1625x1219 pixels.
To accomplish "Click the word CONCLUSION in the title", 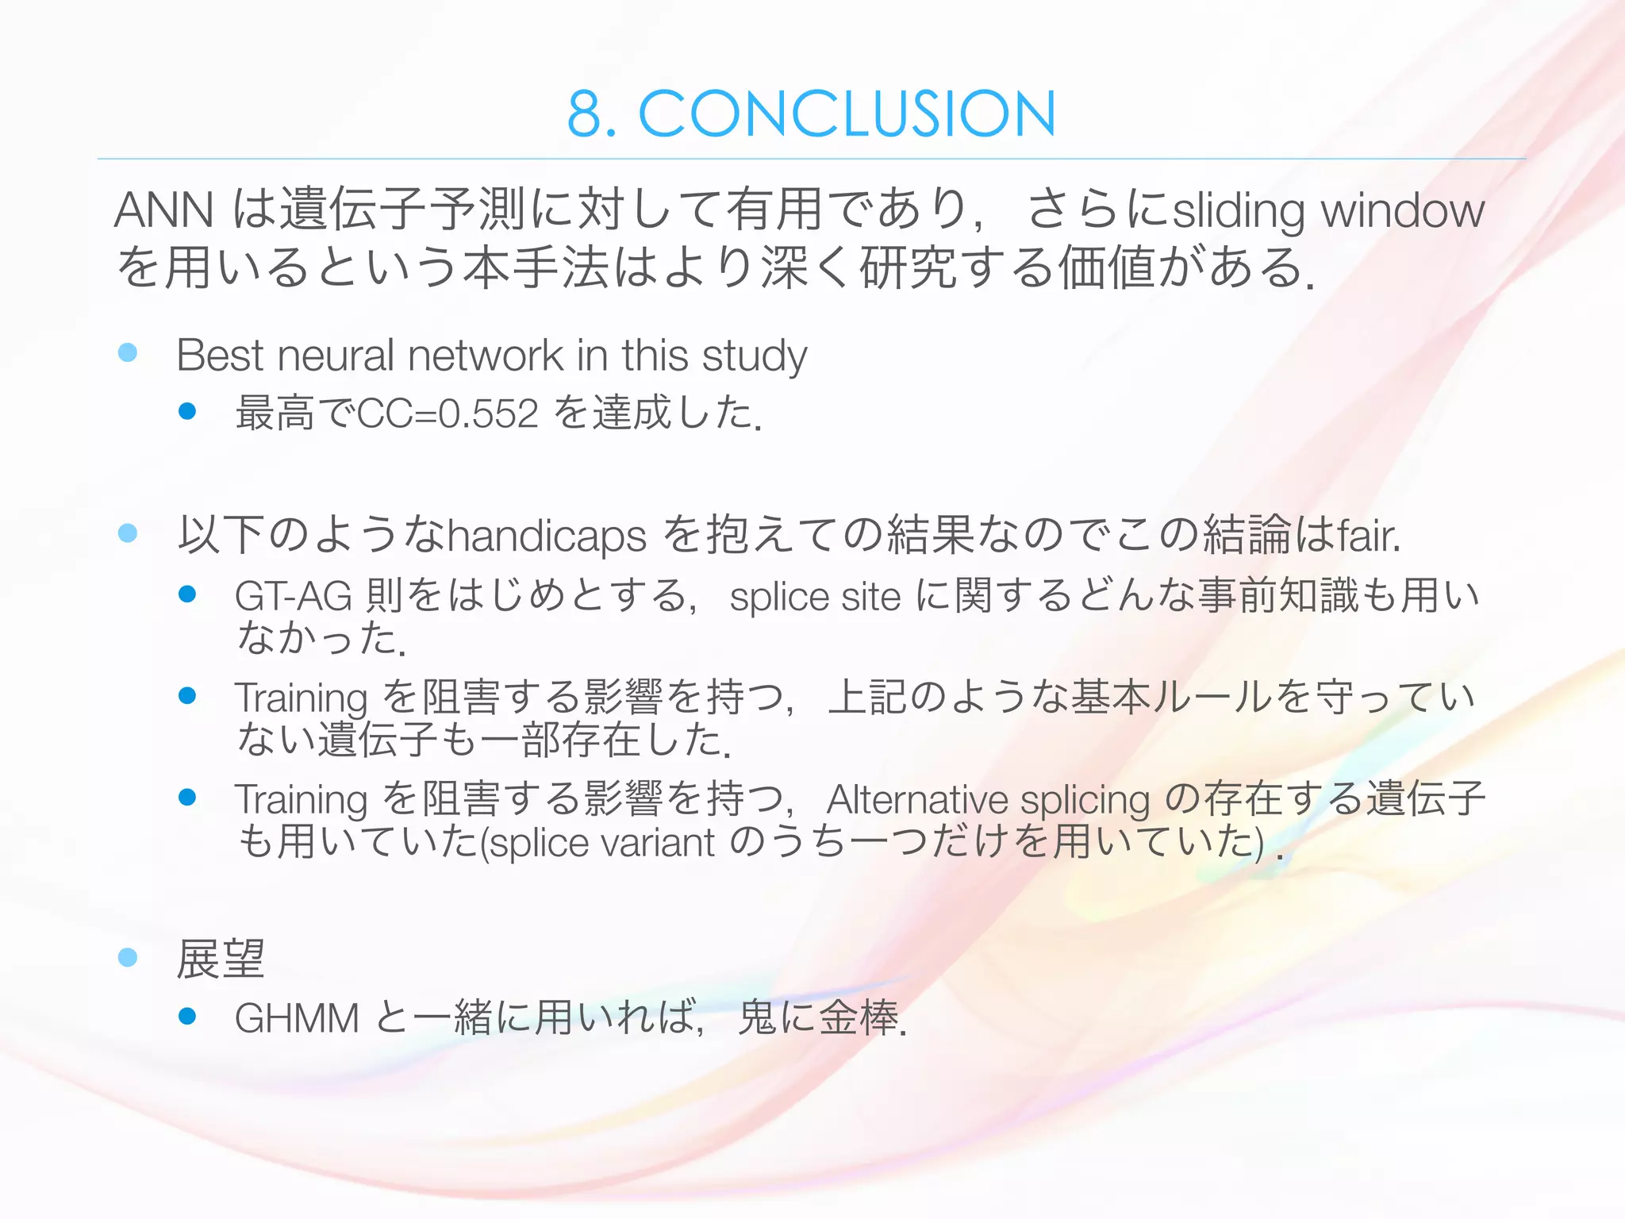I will pyautogui.click(x=847, y=114).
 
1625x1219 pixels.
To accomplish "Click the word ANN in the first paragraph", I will pyautogui.click(x=163, y=210).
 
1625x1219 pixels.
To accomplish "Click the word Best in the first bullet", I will pyautogui.click(x=220, y=355).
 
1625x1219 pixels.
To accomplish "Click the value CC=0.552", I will pyautogui.click(x=448, y=413).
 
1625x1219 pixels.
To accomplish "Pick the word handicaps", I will pyautogui.click(x=547, y=536).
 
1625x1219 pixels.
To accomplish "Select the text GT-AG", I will pyautogui.click(x=293, y=596).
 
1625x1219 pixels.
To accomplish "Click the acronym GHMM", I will pyautogui.click(x=297, y=1018).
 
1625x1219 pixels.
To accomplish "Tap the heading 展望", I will pyautogui.click(x=220, y=959).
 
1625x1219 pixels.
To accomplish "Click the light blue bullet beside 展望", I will pyautogui.click(x=127, y=958).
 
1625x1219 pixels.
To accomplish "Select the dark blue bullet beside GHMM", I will pyautogui.click(x=187, y=1017).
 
